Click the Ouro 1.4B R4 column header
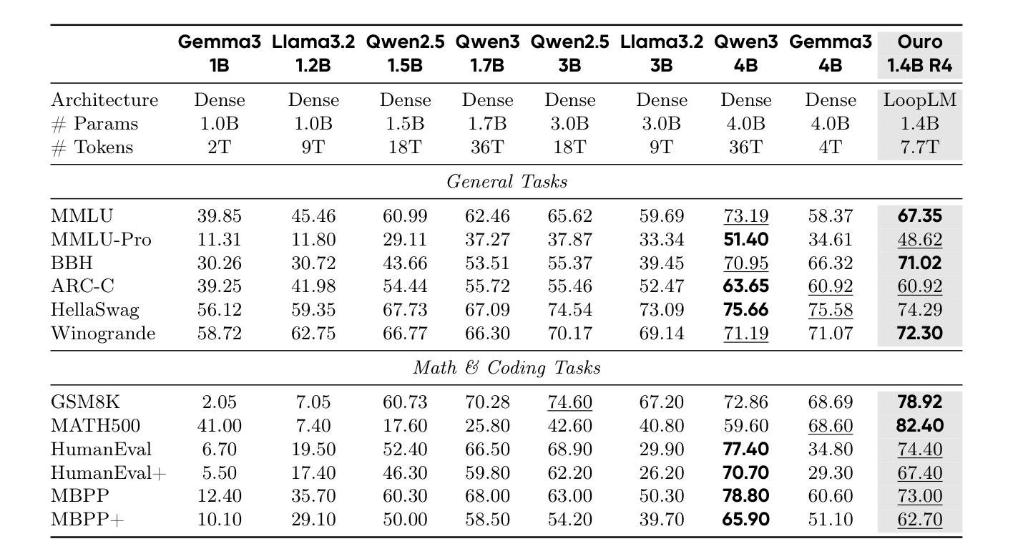click(x=919, y=54)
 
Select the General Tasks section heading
click(x=507, y=182)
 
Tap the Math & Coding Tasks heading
click(x=507, y=368)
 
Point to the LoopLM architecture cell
click(x=919, y=100)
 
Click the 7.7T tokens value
click(x=919, y=147)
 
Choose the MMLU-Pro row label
click(x=101, y=240)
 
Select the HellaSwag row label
click(x=94, y=310)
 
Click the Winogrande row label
click(x=103, y=334)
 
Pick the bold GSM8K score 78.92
click(x=919, y=402)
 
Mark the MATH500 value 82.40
click(x=919, y=426)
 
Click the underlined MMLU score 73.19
click(x=745, y=216)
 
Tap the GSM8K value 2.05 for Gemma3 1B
click(x=219, y=402)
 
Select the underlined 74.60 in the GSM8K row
click(x=569, y=402)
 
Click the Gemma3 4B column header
click(x=830, y=54)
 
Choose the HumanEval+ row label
click(x=108, y=473)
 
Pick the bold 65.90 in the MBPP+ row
click(x=745, y=520)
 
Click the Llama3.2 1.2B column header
click(x=313, y=54)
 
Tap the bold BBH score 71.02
click(x=919, y=263)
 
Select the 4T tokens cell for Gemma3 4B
click(x=830, y=147)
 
